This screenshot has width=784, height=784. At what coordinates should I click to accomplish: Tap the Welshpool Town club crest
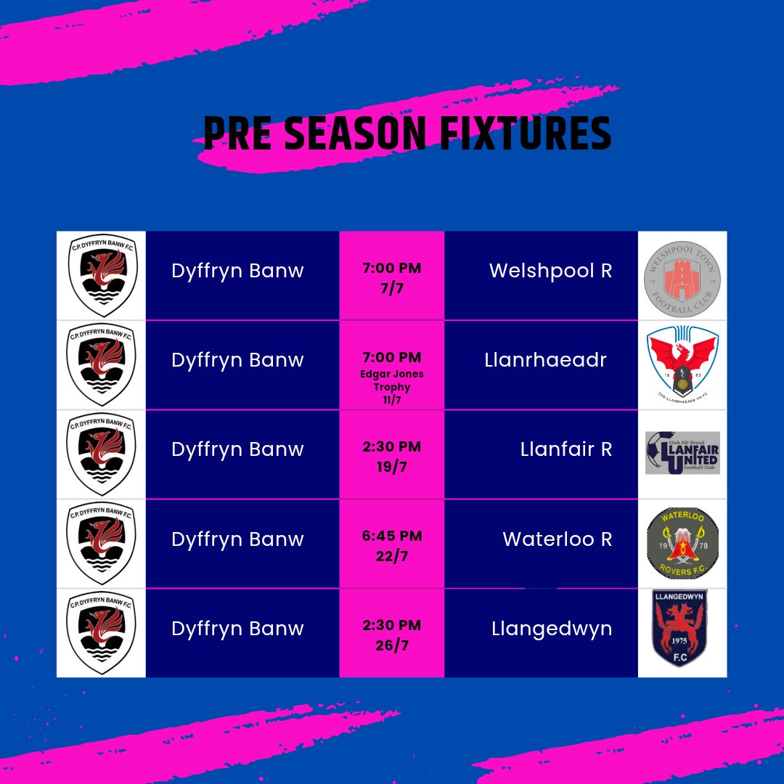pyautogui.click(x=682, y=276)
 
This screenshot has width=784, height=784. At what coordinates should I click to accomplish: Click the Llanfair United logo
pyautogui.click(x=682, y=453)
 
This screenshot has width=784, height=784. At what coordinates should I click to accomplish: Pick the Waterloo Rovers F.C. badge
pyautogui.click(x=682, y=543)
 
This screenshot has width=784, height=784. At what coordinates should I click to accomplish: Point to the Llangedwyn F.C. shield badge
pyautogui.click(x=680, y=629)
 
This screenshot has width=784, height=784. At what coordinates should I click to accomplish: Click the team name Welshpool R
pyautogui.click(x=550, y=271)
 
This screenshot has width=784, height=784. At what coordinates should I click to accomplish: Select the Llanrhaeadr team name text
pyautogui.click(x=545, y=360)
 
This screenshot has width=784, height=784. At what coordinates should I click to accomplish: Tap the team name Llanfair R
pyautogui.click(x=566, y=449)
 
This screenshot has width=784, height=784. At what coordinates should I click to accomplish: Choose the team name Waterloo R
pyautogui.click(x=557, y=539)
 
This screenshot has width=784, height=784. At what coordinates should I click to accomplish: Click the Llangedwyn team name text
pyautogui.click(x=552, y=629)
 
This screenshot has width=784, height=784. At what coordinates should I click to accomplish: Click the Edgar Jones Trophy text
pyautogui.click(x=391, y=380)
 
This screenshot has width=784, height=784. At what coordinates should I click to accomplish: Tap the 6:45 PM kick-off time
pyautogui.click(x=391, y=536)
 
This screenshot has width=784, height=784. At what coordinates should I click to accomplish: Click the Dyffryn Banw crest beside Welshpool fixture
pyautogui.click(x=101, y=275)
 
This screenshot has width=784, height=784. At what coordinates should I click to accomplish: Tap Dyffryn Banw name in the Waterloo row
pyautogui.click(x=237, y=539)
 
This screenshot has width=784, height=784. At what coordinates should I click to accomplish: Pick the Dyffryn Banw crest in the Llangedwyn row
pyautogui.click(x=101, y=633)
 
